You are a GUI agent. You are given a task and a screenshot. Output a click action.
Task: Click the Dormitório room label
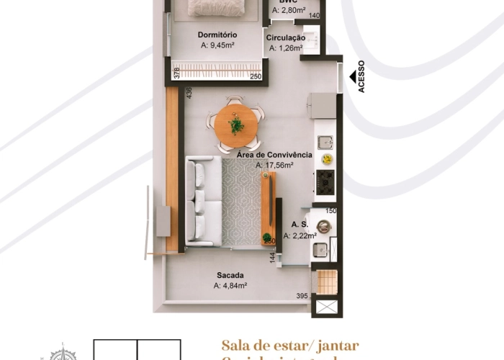tap(217, 34)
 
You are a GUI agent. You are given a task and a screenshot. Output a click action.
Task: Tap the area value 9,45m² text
tap(217, 45)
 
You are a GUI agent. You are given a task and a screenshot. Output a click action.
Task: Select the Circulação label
tap(286, 37)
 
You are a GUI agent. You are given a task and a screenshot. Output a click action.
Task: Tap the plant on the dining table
tap(236, 126)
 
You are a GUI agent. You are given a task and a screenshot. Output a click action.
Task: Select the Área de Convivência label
tap(274, 155)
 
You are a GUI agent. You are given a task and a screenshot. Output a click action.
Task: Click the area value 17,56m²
tap(274, 165)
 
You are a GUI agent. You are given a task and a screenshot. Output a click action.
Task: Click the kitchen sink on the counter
tap(325, 140)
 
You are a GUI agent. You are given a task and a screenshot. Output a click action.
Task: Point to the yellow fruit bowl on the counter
tap(327, 158)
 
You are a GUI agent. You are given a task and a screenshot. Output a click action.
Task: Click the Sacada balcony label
tap(230, 275)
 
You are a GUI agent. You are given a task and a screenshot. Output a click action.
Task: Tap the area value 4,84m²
tap(230, 285)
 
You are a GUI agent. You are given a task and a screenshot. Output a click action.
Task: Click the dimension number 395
tap(303, 296)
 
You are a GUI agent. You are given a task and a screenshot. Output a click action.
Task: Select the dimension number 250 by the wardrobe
tap(256, 77)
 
